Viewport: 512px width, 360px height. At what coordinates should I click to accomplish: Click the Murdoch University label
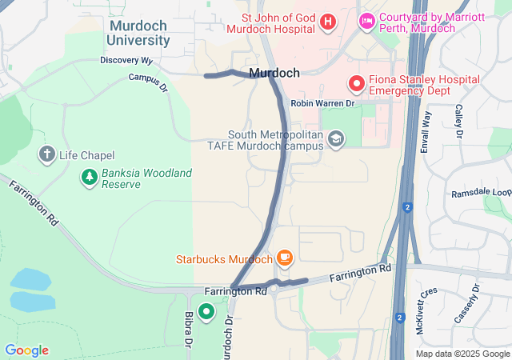[138, 33]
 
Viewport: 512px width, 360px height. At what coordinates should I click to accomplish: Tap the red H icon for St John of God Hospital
[326, 22]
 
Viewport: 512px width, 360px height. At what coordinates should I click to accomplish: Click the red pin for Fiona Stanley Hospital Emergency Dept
[355, 83]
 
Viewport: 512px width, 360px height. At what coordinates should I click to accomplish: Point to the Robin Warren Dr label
[322, 104]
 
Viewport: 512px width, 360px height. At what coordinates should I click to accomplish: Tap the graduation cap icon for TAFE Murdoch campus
[336, 140]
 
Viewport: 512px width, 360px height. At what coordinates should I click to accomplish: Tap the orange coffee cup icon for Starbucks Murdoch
[285, 258]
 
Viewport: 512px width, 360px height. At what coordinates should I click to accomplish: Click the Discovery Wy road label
[126, 61]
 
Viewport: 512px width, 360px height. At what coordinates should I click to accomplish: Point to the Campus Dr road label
[148, 81]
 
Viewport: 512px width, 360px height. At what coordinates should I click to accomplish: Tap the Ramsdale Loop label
[481, 194]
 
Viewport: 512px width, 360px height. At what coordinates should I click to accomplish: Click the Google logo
[26, 350]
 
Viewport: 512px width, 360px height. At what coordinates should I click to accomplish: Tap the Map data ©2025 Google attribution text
[462, 354]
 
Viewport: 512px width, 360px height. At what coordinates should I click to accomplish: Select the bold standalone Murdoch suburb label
[274, 73]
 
